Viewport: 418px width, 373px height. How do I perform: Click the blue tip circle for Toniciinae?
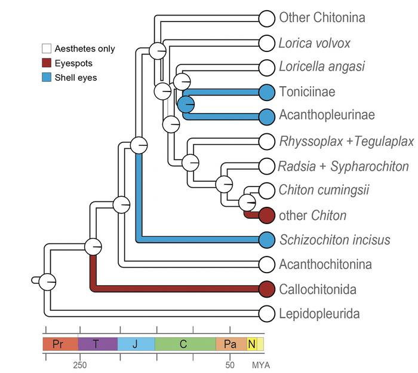click(x=267, y=91)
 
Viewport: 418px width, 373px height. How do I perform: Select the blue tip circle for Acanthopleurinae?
click(x=267, y=115)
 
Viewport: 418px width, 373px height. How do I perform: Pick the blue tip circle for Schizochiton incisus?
click(x=267, y=240)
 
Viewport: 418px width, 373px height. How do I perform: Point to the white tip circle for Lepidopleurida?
click(x=267, y=313)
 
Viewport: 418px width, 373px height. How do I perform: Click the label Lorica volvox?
click(x=314, y=43)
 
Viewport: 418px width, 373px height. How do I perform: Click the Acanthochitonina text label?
click(x=325, y=264)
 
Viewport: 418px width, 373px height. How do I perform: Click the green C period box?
click(x=185, y=344)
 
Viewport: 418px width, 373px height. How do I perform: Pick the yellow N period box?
click(x=251, y=344)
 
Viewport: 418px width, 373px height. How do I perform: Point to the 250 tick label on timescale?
click(x=79, y=364)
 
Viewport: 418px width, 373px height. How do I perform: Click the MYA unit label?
click(x=260, y=364)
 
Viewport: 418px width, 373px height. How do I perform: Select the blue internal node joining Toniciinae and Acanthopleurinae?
click(x=186, y=104)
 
